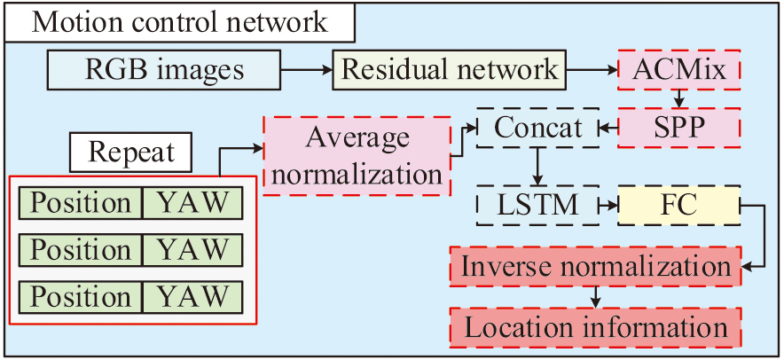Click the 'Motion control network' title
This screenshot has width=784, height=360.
(x=180, y=21)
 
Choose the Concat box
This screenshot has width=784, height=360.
(x=538, y=129)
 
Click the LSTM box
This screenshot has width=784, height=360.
(x=538, y=207)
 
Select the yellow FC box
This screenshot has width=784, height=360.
(x=678, y=207)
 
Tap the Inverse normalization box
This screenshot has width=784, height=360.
(x=595, y=266)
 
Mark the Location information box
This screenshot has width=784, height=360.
(x=595, y=327)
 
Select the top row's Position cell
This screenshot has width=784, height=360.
(x=81, y=203)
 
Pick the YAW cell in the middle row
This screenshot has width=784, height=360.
(x=192, y=249)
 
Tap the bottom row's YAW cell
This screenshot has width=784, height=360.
(x=192, y=295)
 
